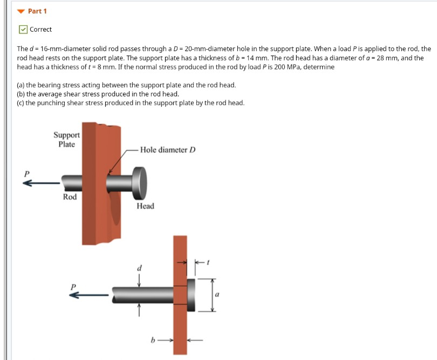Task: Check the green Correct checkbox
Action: [23, 30]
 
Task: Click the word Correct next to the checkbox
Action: [41, 30]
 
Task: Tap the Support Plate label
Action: [67, 140]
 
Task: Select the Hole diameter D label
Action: [167, 150]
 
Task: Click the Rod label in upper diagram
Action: [70, 197]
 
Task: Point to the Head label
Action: [145, 206]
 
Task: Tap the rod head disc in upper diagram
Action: [139, 183]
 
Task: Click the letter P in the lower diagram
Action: [73, 286]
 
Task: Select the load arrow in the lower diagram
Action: [89, 295]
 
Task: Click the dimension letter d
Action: [140, 268]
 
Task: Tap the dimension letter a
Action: [217, 295]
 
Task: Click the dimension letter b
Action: [153, 341]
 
